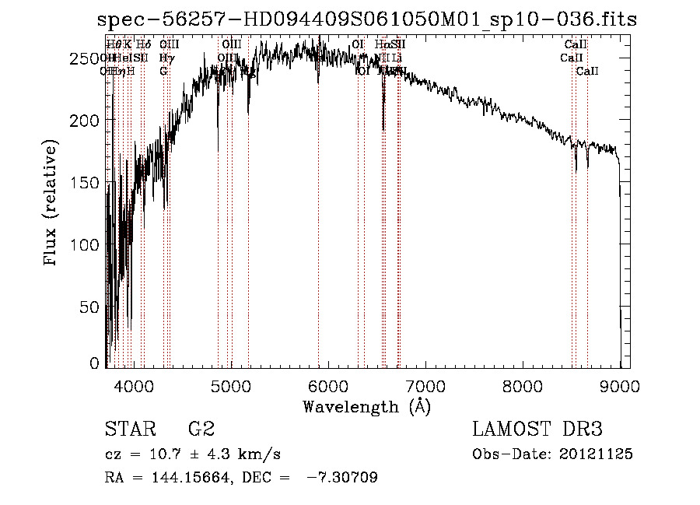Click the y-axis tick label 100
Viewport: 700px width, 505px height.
(x=88, y=244)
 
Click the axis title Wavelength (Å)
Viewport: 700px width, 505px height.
(x=366, y=406)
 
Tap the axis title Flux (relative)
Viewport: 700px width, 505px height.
(x=52, y=204)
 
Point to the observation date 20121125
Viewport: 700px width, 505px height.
(x=600, y=454)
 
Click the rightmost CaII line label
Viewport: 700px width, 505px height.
(x=587, y=72)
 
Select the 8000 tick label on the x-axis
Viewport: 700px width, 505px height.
(x=522, y=384)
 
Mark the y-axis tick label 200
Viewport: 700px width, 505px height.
(x=88, y=121)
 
